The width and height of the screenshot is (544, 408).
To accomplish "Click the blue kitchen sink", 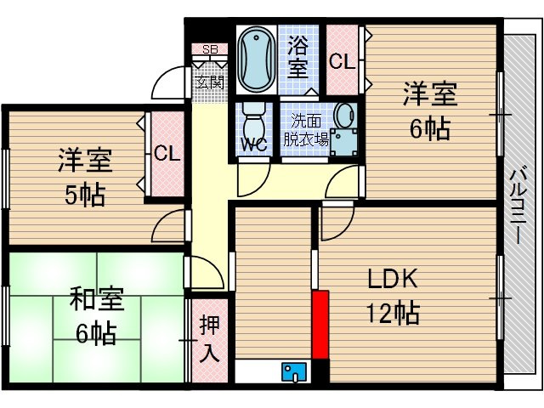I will [x=295, y=371].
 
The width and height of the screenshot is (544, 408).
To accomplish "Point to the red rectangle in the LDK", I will [x=320, y=324].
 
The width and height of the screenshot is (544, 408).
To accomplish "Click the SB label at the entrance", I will [x=209, y=49].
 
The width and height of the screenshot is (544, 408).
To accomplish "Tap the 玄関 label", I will [x=209, y=82].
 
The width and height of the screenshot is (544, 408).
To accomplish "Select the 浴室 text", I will [x=299, y=56].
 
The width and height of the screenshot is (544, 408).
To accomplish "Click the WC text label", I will [x=253, y=144].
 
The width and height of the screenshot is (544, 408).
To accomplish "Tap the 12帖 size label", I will [x=394, y=314].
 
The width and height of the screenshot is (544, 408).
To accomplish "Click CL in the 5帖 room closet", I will [x=167, y=154].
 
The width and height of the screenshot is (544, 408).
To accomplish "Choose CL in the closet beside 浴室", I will [x=343, y=61].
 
